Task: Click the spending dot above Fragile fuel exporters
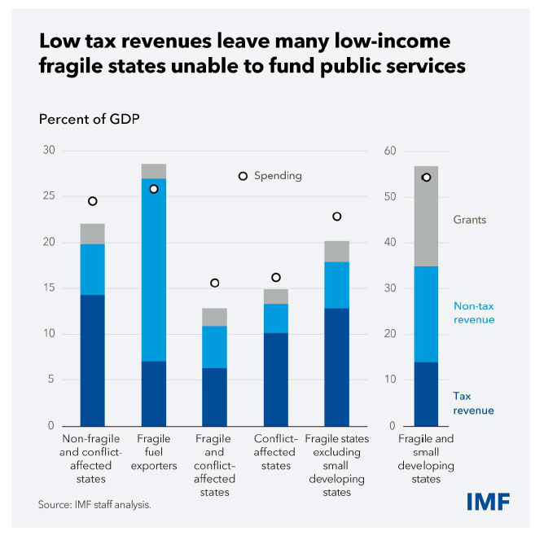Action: point(153,189)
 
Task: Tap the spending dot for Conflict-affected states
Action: point(275,278)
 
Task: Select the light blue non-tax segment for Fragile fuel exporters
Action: point(153,270)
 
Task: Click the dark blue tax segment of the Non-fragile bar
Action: point(92,360)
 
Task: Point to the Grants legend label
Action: point(471,220)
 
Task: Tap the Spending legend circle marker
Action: point(243,176)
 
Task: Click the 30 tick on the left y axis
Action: point(48,151)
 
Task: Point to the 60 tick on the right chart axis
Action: point(389,151)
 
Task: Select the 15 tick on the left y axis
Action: point(48,288)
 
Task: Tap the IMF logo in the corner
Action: point(488,502)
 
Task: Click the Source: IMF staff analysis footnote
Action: point(94,505)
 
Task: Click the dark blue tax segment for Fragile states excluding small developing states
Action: point(336,367)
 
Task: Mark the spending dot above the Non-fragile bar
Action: point(93,201)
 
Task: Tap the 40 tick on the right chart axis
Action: point(389,243)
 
